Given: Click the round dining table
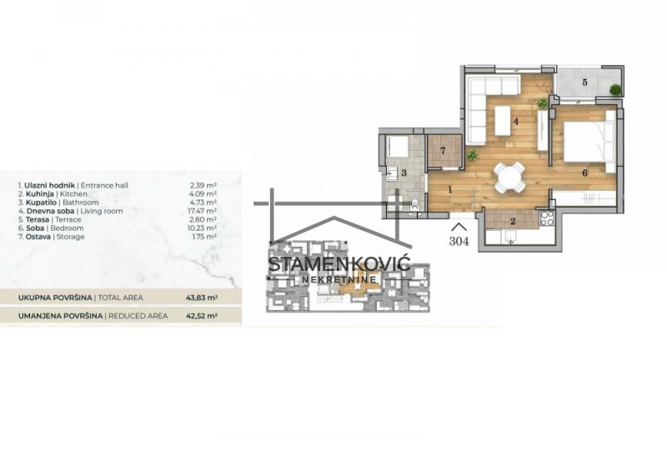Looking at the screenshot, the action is click(509, 177).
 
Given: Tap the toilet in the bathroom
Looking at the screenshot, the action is click(415, 204).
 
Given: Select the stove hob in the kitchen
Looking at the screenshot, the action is click(546, 218).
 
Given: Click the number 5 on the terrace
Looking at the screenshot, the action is click(584, 83).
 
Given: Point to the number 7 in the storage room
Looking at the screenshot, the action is click(443, 151).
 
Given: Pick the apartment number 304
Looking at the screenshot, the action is click(459, 241).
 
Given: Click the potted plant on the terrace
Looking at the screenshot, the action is click(614, 90).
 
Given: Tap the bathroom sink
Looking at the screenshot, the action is click(392, 173).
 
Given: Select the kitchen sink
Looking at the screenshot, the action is click(509, 237).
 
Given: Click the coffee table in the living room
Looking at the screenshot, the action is click(503, 120).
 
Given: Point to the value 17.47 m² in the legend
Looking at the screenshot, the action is click(203, 211).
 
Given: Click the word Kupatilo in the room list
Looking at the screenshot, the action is click(41, 203).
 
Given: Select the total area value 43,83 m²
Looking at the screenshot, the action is click(202, 298).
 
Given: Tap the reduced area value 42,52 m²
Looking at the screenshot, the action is click(202, 316).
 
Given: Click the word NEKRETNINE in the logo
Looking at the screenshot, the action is click(339, 279).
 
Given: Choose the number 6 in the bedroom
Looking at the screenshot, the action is click(585, 173).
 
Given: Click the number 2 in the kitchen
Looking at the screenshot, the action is click(513, 221).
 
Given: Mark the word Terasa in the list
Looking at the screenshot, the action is click(38, 219).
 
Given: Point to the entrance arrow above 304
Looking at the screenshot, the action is click(459, 227).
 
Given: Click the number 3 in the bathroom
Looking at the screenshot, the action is click(404, 173).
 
